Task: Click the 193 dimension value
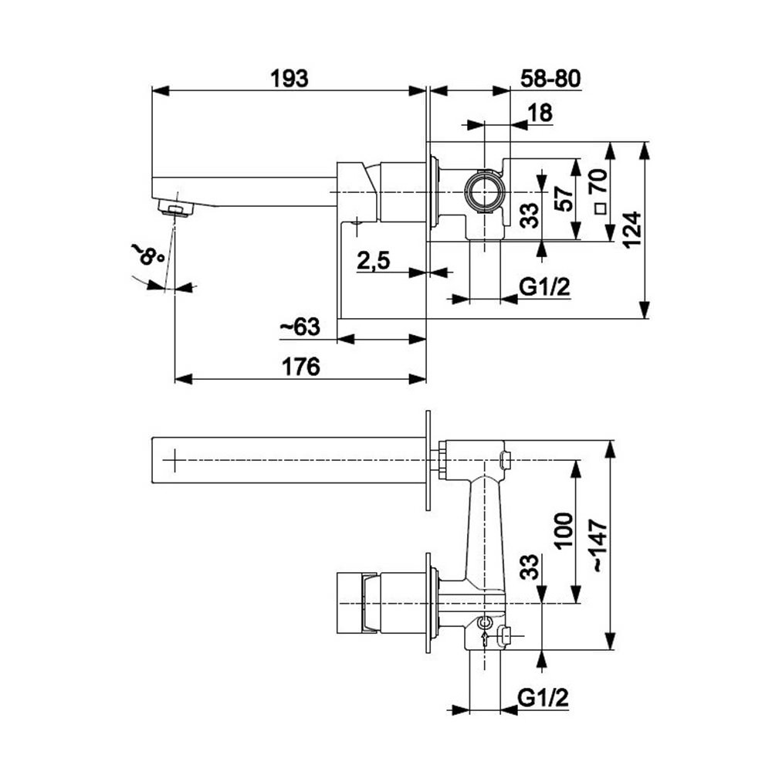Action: click(289, 78)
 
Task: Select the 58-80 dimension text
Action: click(550, 78)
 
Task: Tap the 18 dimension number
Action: click(540, 113)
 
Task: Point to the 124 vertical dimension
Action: click(631, 229)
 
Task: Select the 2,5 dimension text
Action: click(373, 262)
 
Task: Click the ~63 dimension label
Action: click(299, 328)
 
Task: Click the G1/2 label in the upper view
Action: click(544, 288)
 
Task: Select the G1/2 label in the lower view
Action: click(544, 699)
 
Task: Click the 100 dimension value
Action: click(564, 530)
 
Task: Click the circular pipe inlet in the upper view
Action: click(485, 191)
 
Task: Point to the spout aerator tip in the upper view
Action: click(176, 208)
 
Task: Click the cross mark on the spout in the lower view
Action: click(176, 462)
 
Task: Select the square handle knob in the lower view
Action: click(350, 603)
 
